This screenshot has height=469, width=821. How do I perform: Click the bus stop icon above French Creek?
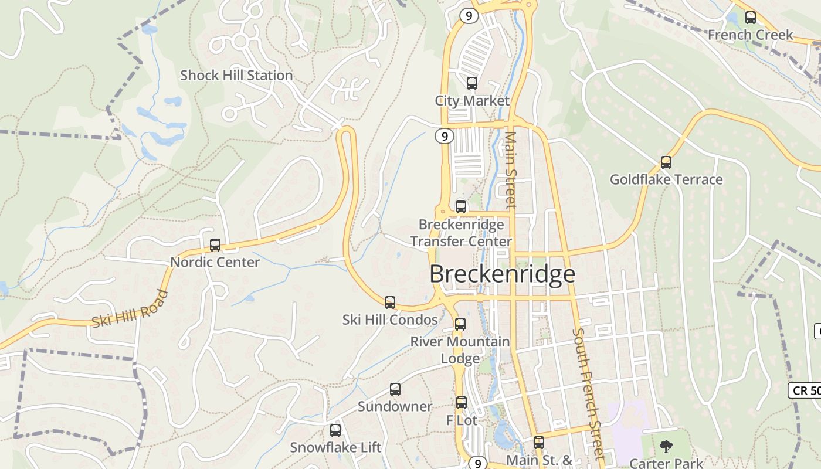point(750,18)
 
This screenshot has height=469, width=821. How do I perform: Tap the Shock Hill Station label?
point(236,76)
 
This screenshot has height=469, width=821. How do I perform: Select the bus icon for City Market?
point(472,83)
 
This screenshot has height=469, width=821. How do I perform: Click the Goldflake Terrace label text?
point(666,179)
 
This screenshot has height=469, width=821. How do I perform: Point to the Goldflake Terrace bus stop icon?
point(666,162)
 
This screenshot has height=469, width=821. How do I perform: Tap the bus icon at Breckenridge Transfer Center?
point(461,206)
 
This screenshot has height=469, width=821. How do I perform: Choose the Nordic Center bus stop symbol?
point(215,245)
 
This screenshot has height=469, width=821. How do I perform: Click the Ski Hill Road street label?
point(130,309)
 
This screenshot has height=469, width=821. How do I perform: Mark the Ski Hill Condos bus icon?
point(390,303)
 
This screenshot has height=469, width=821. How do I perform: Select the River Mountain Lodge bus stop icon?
point(460,324)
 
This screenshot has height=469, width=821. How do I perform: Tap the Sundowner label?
point(395,406)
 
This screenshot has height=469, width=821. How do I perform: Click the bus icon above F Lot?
point(462,403)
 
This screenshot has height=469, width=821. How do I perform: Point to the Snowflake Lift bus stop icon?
point(335,430)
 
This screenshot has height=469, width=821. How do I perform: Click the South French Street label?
point(588,394)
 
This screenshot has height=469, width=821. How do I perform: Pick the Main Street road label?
point(510,170)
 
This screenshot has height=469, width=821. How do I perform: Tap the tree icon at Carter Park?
point(666,447)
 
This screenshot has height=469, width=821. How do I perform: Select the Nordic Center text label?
point(215,262)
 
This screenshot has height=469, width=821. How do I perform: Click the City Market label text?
point(472,101)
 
